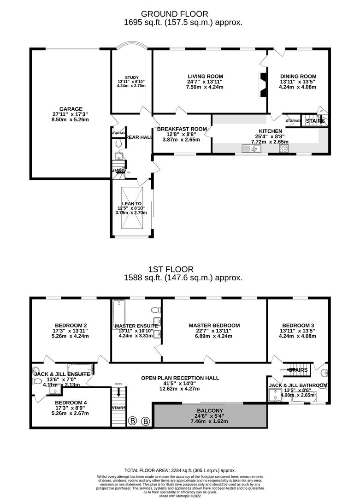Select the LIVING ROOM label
click(206, 77)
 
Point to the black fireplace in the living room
click(263, 85)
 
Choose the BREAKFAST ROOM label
click(181, 129)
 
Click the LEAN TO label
click(132, 203)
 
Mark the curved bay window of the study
click(131, 47)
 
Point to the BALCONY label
click(210, 410)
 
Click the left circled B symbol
click(133, 421)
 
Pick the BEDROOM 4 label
click(71, 403)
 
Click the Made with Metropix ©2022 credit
click(180, 495)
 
